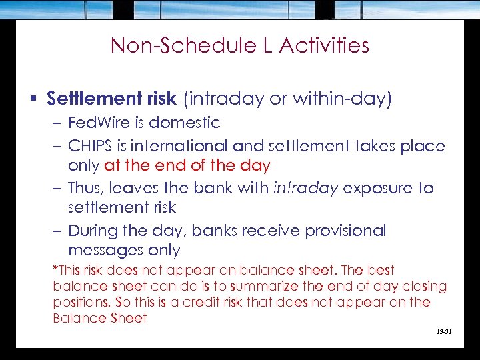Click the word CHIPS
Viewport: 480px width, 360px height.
pyautogui.click(x=92, y=145)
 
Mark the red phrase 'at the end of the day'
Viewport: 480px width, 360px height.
pyautogui.click(x=187, y=165)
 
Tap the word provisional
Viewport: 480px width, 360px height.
pyautogui.click(x=345, y=231)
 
